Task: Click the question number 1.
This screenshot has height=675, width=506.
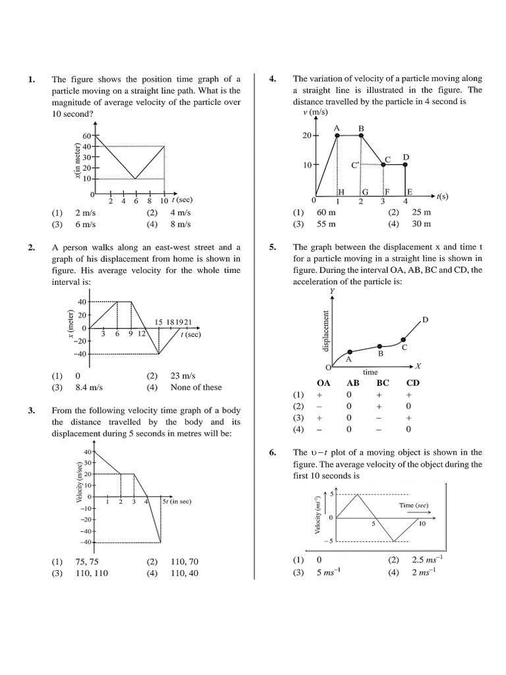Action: tap(31, 79)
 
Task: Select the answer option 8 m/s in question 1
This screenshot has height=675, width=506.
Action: tap(180, 224)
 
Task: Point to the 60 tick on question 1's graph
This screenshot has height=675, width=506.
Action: tap(86, 136)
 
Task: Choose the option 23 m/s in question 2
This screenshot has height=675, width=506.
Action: tap(184, 376)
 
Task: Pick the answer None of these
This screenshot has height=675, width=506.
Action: tap(196, 388)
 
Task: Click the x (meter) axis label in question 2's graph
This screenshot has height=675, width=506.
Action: tap(70, 328)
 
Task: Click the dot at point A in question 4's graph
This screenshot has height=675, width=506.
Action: tap(337, 136)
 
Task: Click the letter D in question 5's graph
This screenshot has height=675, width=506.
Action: tap(425, 320)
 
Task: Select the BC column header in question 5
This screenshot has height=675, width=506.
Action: tap(383, 382)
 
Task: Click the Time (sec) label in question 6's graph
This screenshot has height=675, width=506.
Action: tap(413, 506)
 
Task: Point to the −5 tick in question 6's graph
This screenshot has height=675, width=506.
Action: tap(332, 541)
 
